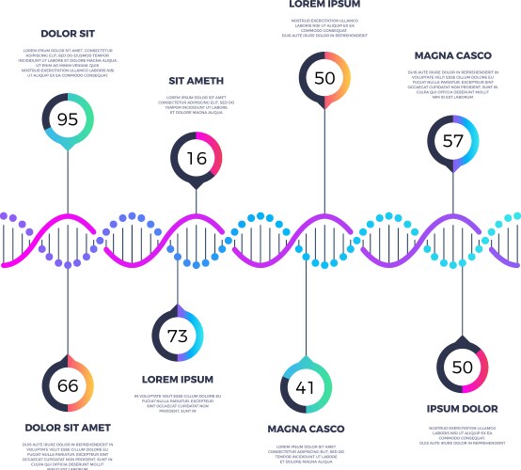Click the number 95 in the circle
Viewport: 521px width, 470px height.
[x=68, y=119]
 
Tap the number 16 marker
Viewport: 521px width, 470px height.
[x=197, y=158]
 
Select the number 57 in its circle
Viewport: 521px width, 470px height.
[x=453, y=141]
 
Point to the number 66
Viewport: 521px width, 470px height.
[x=68, y=385]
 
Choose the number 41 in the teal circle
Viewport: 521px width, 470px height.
[x=305, y=387]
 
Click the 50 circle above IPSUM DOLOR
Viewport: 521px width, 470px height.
[x=462, y=366]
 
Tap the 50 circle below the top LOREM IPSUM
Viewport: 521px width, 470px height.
[x=324, y=78]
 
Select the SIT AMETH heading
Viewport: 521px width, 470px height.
[x=197, y=81]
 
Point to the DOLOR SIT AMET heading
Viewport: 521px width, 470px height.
[x=68, y=428]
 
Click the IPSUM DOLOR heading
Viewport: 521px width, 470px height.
[x=462, y=409]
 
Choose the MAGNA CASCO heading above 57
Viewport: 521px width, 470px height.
[x=453, y=55]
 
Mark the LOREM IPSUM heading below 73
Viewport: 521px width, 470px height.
[x=178, y=379]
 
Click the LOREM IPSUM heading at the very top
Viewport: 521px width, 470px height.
[x=324, y=5]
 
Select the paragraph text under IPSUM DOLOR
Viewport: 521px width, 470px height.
[x=462, y=435]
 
